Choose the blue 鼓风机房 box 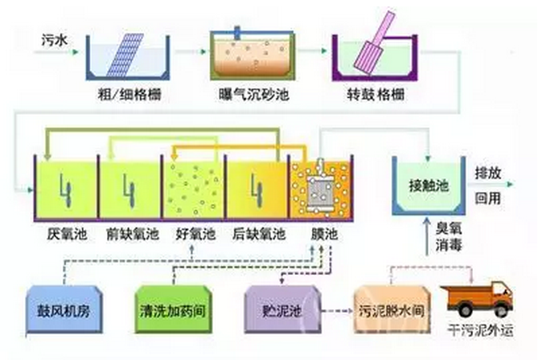pyautogui.click(x=65, y=308)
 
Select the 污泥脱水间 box pyautogui.click(x=390, y=309)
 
